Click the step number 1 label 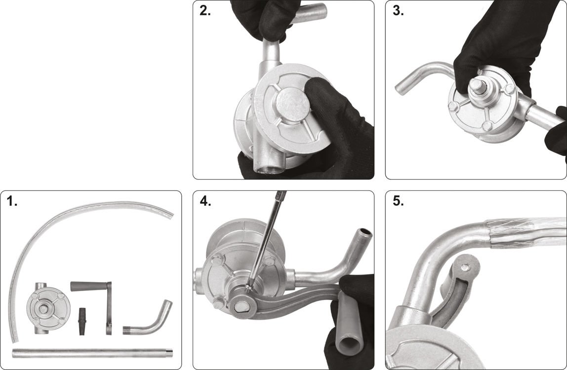coord(12,202)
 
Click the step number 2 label coord(205,11)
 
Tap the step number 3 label coord(398,11)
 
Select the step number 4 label coord(205,202)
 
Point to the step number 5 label coord(398,202)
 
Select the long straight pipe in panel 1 coord(92,353)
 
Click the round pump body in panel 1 coord(48,308)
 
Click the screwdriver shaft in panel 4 coord(266,240)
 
